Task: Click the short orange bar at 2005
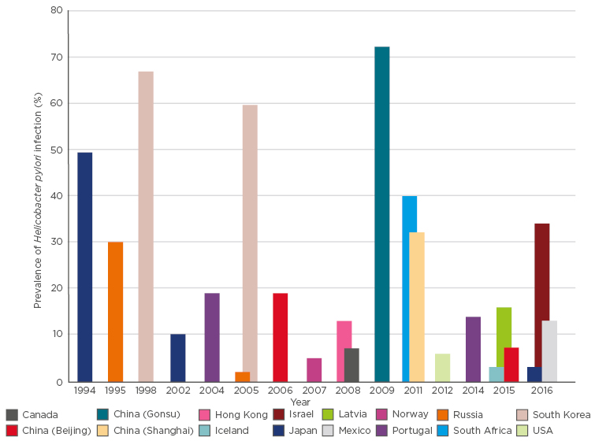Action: coord(242,377)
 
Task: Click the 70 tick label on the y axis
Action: coord(56,57)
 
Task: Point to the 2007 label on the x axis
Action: coord(314,390)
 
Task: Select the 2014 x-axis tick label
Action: coord(473,390)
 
